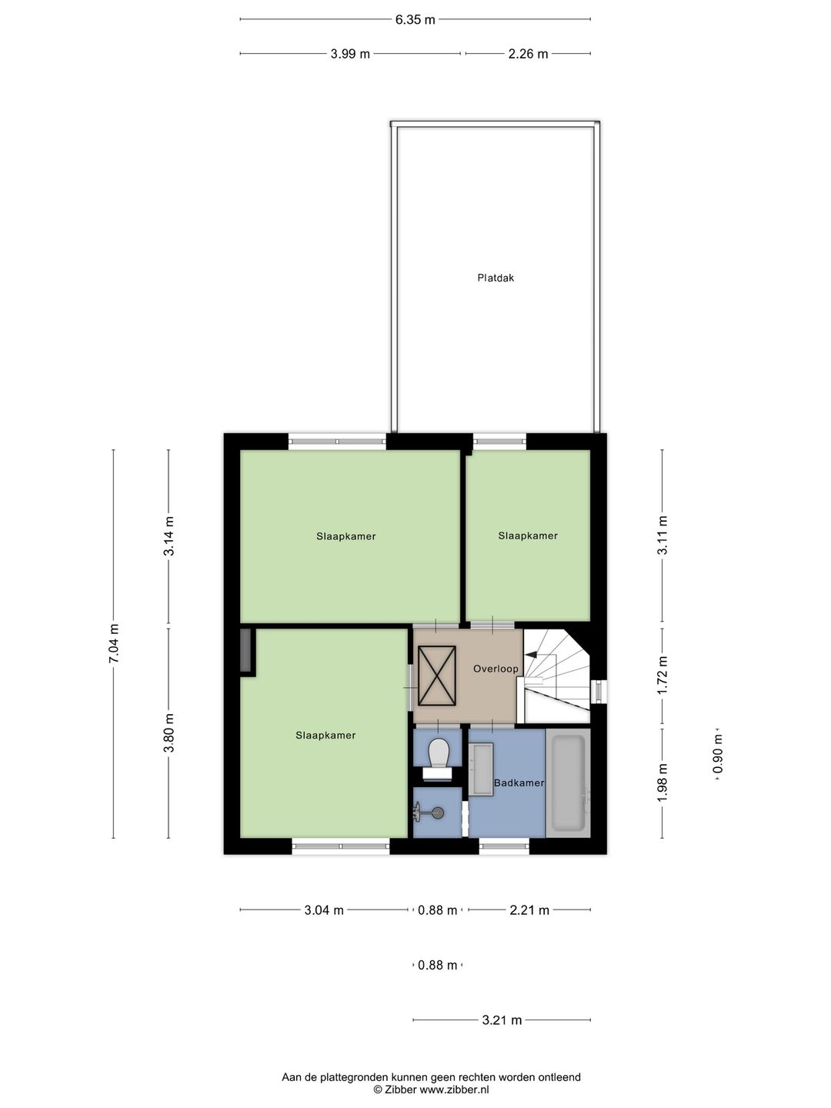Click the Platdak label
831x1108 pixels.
pyautogui.click(x=496, y=278)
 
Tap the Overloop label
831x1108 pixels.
pyautogui.click(x=496, y=669)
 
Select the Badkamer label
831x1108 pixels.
pyautogui.click(x=519, y=783)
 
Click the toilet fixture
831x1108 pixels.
pyautogui.click(x=439, y=753)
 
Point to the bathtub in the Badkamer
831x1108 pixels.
pyautogui.click(x=568, y=783)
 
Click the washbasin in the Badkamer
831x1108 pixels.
pyautogui.click(x=482, y=769)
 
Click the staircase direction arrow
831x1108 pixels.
pyautogui.click(x=531, y=654)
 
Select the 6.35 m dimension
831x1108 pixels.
pyautogui.click(x=415, y=20)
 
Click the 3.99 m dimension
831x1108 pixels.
pyautogui.click(x=350, y=54)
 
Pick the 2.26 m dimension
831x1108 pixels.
pyautogui.click(x=528, y=54)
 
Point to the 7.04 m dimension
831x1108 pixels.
pyautogui.click(x=114, y=642)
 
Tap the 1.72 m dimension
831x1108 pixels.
pyautogui.click(x=662, y=675)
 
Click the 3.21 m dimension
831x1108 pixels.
pyautogui.click(x=502, y=1020)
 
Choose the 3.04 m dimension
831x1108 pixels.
pyautogui.click(x=324, y=910)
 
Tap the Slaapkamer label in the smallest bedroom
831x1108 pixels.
pyautogui.click(x=528, y=536)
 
